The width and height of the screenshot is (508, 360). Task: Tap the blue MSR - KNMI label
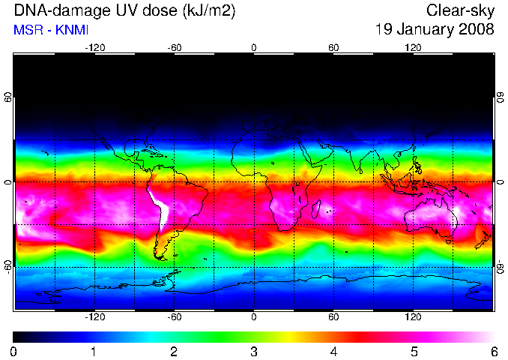pyautogui.click(x=51, y=30)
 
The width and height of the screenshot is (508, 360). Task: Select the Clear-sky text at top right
pyautogui.click(x=460, y=10)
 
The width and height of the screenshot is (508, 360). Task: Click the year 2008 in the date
pyautogui.click(x=477, y=29)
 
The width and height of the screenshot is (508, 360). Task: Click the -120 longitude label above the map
pyautogui.click(x=95, y=48)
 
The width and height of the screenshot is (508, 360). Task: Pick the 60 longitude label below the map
pyautogui.click(x=333, y=316)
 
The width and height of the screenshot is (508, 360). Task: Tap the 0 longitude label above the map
pyautogui.click(x=254, y=48)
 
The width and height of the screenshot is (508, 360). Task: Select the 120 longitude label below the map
pyautogui.click(x=413, y=316)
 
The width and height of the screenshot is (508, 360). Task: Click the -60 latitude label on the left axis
pyautogui.click(x=7, y=267)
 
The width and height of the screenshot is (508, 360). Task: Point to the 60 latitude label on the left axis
pyautogui.click(x=7, y=97)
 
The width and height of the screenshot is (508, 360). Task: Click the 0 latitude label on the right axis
pyautogui.click(x=501, y=182)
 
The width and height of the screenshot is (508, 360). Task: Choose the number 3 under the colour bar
pyautogui.click(x=254, y=351)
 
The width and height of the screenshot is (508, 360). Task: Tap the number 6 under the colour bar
pyautogui.click(x=494, y=351)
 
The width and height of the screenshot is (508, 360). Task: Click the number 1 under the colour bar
pyautogui.click(x=94, y=351)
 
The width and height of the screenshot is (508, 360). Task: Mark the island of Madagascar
pyautogui.click(x=316, y=208)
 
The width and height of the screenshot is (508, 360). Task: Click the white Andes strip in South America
pyautogui.click(x=161, y=208)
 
